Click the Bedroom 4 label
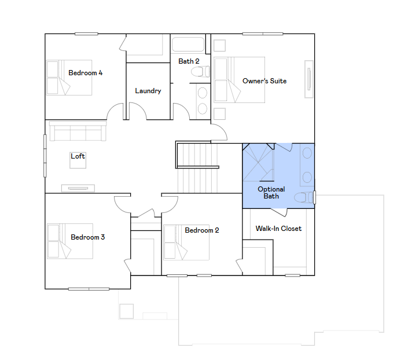(x=85, y=73)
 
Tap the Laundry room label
(x=148, y=91)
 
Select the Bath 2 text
(x=189, y=61)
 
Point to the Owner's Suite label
(x=264, y=81)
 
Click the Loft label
(x=78, y=156)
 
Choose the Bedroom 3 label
(x=88, y=237)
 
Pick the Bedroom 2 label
(x=202, y=230)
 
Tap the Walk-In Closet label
(x=278, y=229)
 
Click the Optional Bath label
(x=271, y=193)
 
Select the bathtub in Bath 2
(x=188, y=45)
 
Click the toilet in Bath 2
(x=200, y=72)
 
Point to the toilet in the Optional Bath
(x=303, y=197)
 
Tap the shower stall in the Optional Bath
(x=258, y=163)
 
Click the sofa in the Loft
(x=78, y=131)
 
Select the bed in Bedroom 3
(x=69, y=241)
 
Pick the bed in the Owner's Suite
(x=239, y=80)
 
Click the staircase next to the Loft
(x=197, y=168)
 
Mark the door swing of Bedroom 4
(x=115, y=111)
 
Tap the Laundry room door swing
(x=138, y=111)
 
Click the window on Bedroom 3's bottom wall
(x=89, y=289)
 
